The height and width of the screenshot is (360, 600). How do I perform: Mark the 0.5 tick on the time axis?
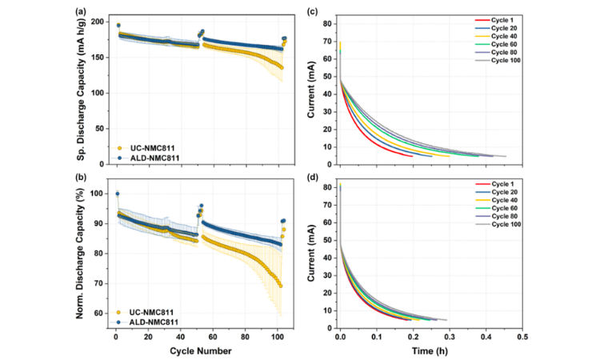pyautogui.click(x=522, y=338)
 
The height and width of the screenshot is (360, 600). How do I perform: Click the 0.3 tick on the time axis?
pyautogui.click(x=450, y=338)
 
